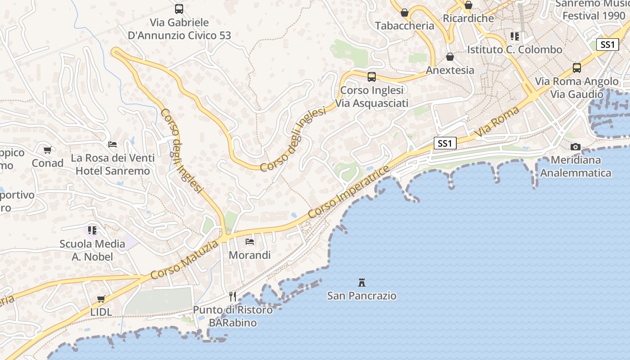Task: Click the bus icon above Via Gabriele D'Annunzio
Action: (x=179, y=9)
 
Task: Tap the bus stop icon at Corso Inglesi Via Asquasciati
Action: (x=371, y=77)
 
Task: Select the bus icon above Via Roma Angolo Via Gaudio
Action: (x=576, y=68)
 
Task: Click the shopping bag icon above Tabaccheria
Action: (x=404, y=13)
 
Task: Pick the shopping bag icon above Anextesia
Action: (x=450, y=57)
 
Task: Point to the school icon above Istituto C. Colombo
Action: (x=514, y=36)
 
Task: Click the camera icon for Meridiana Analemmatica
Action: (x=575, y=147)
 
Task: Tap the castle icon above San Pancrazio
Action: (x=361, y=283)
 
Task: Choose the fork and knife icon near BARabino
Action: (x=232, y=296)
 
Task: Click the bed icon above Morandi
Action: (x=250, y=242)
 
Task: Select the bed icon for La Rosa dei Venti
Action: (x=112, y=144)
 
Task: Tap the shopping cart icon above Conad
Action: (x=47, y=150)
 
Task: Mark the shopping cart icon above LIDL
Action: (x=101, y=299)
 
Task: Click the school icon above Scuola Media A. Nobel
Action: (x=92, y=230)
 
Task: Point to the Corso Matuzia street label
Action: (x=184, y=260)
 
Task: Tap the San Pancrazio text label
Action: (x=361, y=296)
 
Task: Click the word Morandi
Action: (x=250, y=255)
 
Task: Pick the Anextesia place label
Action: (x=450, y=70)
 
